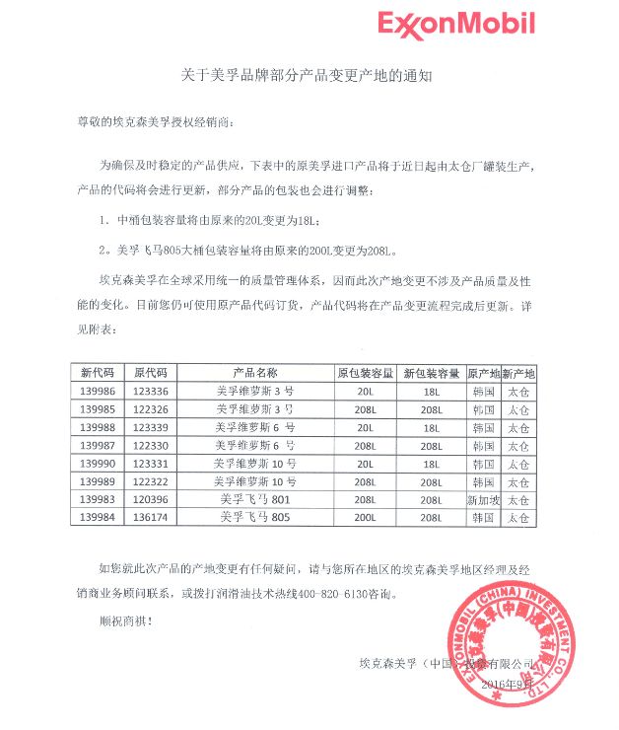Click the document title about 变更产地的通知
309,74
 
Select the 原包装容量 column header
365,374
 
